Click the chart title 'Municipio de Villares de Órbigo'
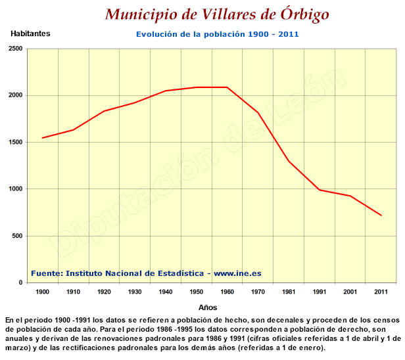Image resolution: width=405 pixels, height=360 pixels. (216, 14)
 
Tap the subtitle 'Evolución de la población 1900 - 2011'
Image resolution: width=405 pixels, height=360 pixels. (218, 34)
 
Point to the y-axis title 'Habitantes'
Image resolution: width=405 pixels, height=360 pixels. (30, 33)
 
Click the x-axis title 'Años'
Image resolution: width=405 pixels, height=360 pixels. (208, 307)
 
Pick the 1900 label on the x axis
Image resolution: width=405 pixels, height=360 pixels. (42, 291)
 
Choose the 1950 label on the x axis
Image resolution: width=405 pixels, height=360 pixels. (197, 291)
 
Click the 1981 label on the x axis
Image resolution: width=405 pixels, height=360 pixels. (289, 291)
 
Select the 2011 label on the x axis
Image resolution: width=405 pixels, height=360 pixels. (381, 291)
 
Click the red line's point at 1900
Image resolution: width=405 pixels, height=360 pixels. (42, 138)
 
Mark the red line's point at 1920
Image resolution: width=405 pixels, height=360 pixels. (104, 111)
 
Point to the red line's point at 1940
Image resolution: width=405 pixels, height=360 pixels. (166, 91)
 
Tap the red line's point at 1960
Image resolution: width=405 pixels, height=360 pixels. (227, 87)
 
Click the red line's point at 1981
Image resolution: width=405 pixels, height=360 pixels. (289, 161)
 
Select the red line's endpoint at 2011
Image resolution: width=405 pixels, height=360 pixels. (381, 215)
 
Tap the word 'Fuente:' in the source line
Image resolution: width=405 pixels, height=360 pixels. (47, 273)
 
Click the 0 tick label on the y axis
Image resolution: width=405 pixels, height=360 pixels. (20, 283)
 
